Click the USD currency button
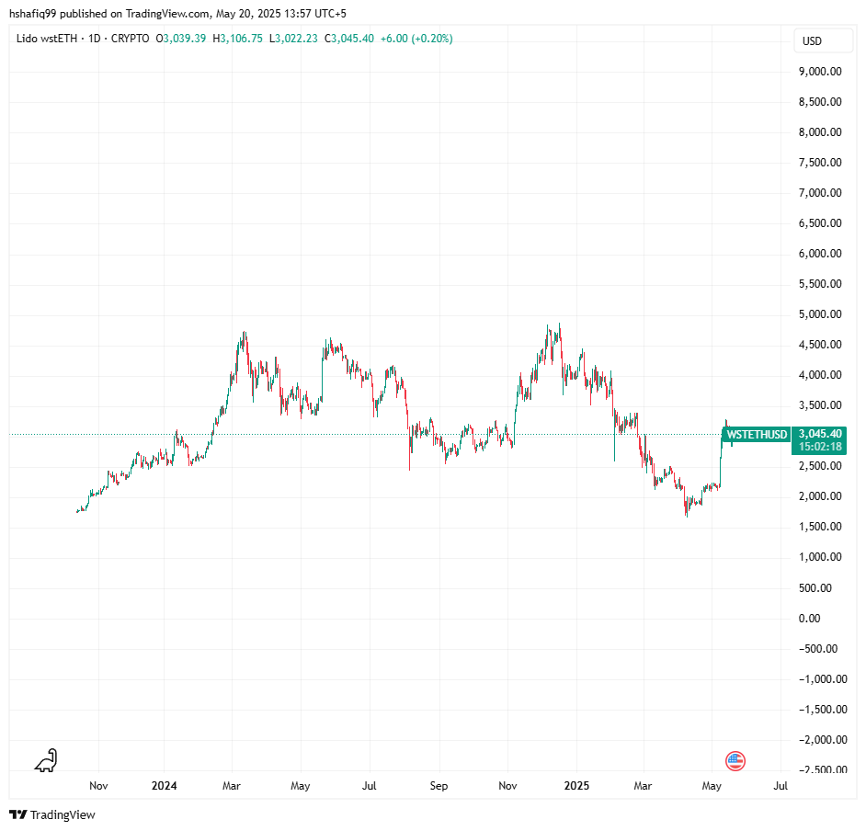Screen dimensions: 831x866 812,41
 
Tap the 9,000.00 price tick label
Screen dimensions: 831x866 821,72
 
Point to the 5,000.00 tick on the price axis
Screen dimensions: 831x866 821,314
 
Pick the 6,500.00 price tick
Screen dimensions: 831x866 821,223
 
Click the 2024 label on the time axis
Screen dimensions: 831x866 164,786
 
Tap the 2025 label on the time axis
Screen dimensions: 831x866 576,786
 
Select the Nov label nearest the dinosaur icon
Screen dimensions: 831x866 98,786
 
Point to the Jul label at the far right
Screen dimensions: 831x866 781,786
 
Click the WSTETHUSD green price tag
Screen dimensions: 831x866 757,434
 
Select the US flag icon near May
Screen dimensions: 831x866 735,760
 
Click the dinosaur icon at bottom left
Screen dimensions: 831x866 45,760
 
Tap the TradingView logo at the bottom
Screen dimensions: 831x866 52,814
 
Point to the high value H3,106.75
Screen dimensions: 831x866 237,39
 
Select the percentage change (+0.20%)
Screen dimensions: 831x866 431,39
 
